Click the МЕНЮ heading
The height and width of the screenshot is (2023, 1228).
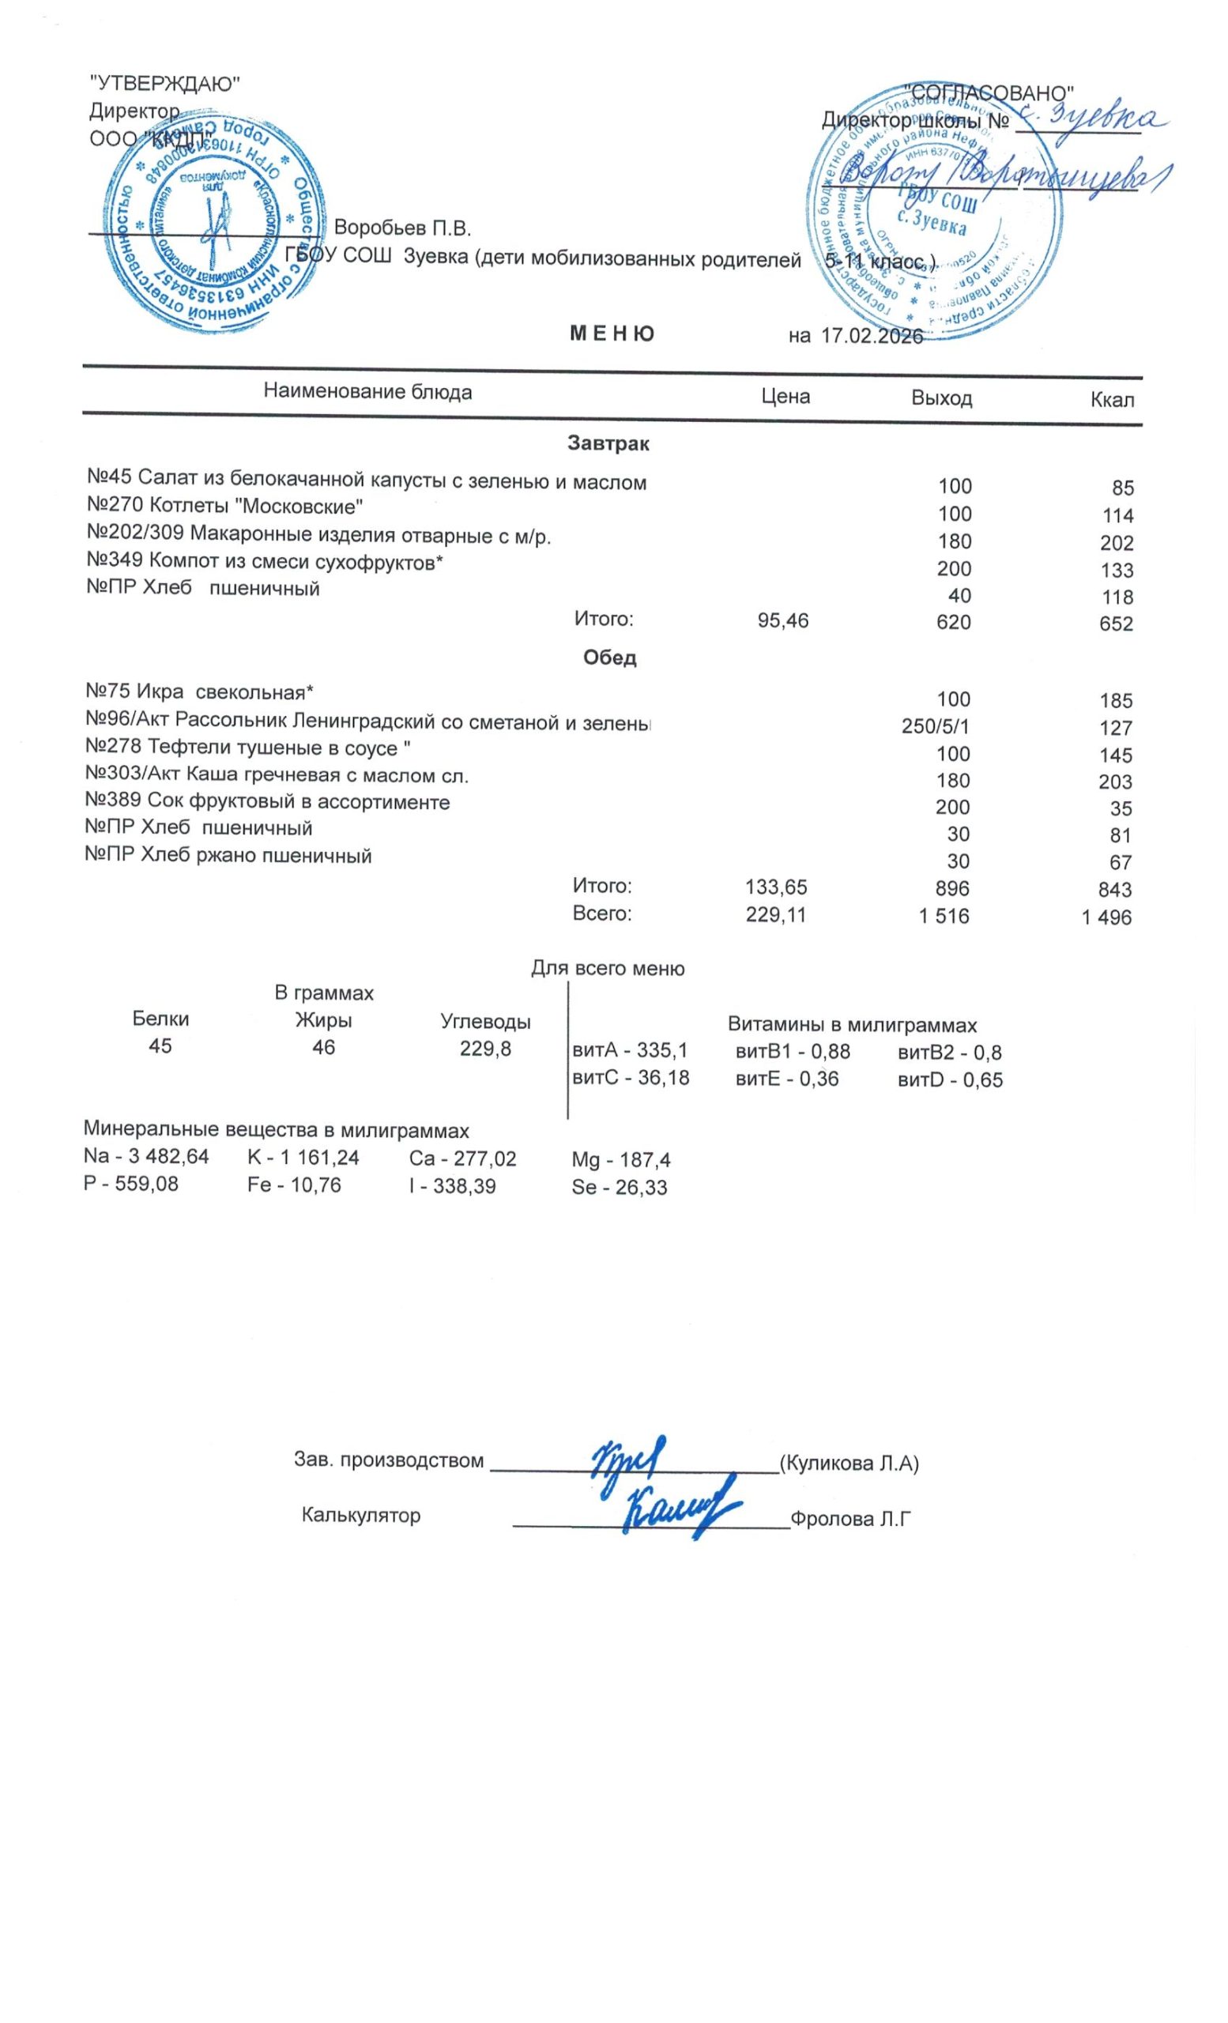point(612,334)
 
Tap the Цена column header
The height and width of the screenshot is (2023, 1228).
point(785,397)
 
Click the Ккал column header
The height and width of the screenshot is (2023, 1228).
point(1113,401)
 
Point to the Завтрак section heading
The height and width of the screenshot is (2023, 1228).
point(608,445)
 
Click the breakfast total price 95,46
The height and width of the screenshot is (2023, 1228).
point(783,621)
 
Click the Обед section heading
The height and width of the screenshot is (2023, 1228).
point(610,657)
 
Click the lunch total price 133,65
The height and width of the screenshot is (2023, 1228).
point(776,887)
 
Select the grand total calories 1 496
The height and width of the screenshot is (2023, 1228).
point(1106,917)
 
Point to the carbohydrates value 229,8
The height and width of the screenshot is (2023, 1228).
point(485,1048)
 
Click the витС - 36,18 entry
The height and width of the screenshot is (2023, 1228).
point(631,1078)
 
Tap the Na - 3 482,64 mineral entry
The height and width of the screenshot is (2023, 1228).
point(146,1157)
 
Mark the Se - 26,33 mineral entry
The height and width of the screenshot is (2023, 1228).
point(619,1187)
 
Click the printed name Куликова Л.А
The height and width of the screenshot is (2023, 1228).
point(849,1462)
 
